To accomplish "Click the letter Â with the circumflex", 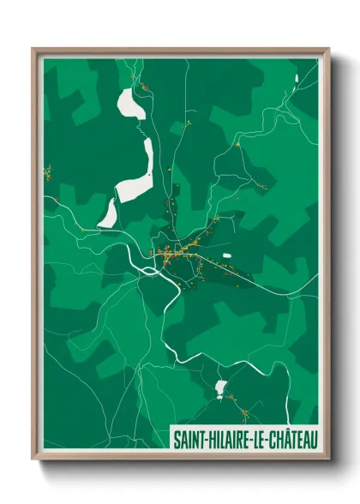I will click(282, 439).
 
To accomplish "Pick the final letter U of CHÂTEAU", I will click(310, 440).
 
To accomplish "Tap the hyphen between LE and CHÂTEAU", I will click(265, 440).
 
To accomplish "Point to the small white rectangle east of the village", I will click(227, 255).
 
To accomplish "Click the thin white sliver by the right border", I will click(297, 79).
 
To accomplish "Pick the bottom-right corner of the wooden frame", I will click(328, 459).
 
